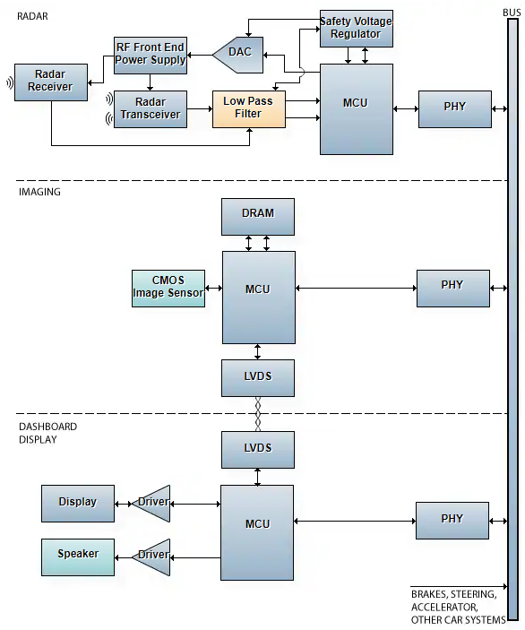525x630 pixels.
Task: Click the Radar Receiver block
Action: coord(51,82)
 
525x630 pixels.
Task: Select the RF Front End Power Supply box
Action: coord(151,55)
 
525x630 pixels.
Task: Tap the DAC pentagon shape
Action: coord(238,55)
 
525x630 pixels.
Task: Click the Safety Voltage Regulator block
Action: coord(357,29)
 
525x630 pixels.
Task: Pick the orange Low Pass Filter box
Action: coord(249,109)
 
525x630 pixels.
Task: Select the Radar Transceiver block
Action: coord(151,109)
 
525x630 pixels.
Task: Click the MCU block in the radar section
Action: coord(357,109)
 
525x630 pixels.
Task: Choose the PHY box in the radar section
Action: coord(455,109)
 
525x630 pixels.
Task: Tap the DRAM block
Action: coord(258,217)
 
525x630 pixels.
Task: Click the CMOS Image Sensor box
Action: coord(168,288)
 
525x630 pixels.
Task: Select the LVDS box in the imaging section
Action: coord(258,377)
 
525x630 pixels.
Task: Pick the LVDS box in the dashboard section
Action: coord(258,450)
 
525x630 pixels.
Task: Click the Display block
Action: coord(78,504)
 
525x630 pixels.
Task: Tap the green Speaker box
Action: coord(78,557)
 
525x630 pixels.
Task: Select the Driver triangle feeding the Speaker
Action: coord(152,557)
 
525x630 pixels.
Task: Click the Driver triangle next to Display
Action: coord(152,504)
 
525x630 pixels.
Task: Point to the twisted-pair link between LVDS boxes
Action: coord(258,414)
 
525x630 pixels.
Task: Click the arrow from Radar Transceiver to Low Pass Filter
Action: coord(200,108)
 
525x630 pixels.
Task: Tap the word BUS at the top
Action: coord(512,13)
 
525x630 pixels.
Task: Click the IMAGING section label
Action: coord(39,192)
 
